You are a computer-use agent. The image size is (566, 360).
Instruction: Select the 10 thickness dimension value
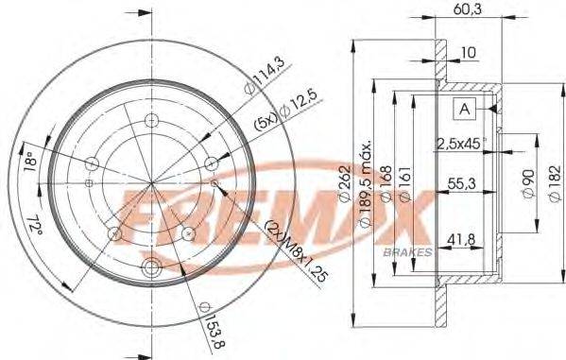[x=469, y=53]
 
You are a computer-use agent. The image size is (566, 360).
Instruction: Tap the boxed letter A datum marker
[x=464, y=110]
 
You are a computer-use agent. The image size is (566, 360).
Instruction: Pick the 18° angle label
[x=28, y=163]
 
